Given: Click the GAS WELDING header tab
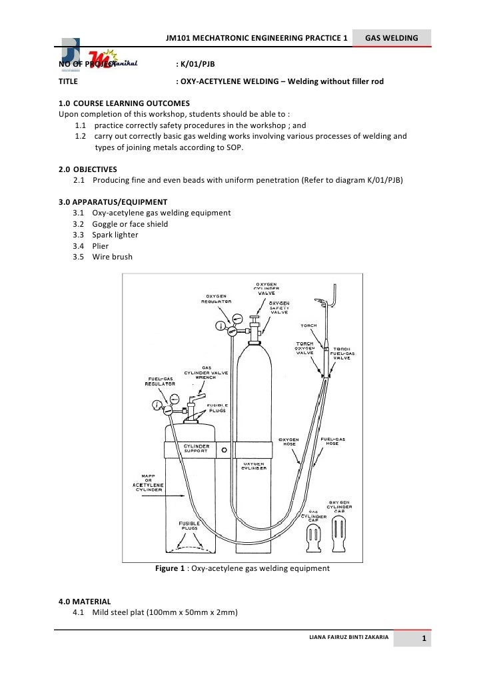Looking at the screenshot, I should (391, 39).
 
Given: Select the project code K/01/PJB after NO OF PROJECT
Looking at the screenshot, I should (197, 64).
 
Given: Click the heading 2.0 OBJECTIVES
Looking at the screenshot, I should (89, 169).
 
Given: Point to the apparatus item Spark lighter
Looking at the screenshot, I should (115, 235).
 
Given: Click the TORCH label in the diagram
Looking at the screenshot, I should (308, 326).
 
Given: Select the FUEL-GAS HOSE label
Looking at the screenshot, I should (333, 442).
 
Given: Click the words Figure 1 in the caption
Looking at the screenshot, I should (170, 569).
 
